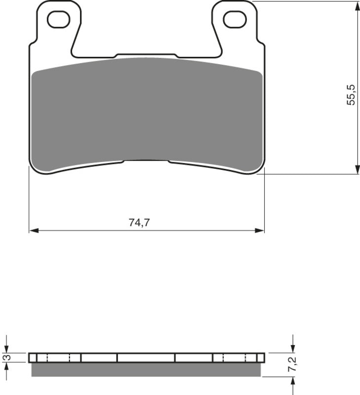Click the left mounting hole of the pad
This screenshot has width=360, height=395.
pos(58,19)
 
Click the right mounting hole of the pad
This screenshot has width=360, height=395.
pos(235,19)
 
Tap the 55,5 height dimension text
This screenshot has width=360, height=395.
pos(351,94)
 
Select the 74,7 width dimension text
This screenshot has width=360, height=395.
pos(139,223)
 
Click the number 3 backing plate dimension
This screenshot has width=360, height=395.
pos(6,357)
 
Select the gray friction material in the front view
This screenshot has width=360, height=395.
pos(146,114)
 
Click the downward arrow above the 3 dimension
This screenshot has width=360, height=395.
pos(6,348)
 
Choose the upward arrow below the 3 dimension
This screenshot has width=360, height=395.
pos(6,368)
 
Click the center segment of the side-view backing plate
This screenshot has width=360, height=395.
pos(146,357)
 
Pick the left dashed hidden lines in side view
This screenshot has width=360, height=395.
pos(58,357)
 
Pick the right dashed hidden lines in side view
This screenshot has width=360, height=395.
pos(235,357)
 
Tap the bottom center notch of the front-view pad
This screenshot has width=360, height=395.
pos(146,161)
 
